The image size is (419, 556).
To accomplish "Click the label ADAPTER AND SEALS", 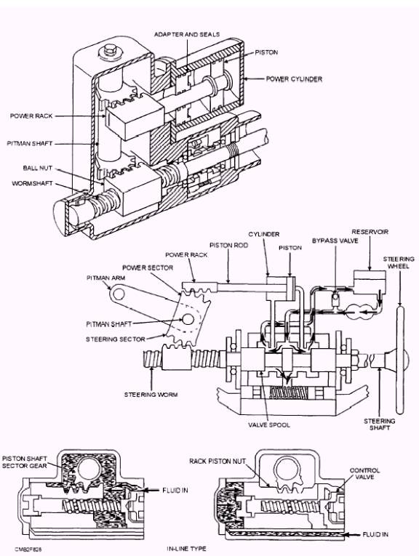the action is [x=187, y=34].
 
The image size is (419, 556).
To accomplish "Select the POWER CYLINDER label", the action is [x=294, y=78].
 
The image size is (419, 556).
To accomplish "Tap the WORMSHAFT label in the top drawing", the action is [x=32, y=183].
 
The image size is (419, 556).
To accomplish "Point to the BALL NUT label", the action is [x=38, y=168].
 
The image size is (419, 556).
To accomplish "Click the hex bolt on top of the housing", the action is [x=108, y=51].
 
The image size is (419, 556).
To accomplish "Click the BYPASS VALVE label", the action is [x=335, y=241].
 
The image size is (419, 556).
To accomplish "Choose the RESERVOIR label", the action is [x=370, y=232].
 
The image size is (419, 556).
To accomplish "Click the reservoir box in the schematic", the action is [x=370, y=280].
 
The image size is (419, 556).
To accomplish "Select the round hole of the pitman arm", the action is [x=117, y=293].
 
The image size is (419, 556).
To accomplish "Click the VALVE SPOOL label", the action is [x=269, y=424].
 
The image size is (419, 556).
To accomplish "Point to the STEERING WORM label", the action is [x=151, y=395].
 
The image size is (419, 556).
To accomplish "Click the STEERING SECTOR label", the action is [x=116, y=339].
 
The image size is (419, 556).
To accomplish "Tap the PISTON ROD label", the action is [x=228, y=246].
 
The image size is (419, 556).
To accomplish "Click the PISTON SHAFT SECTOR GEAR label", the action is [x=25, y=462].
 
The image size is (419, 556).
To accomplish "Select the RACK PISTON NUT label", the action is [x=217, y=461].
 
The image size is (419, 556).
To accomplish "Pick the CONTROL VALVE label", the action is [x=364, y=474].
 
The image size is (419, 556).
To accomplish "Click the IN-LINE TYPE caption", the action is [x=186, y=549].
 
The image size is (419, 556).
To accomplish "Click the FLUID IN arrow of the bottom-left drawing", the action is [x=150, y=491].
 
